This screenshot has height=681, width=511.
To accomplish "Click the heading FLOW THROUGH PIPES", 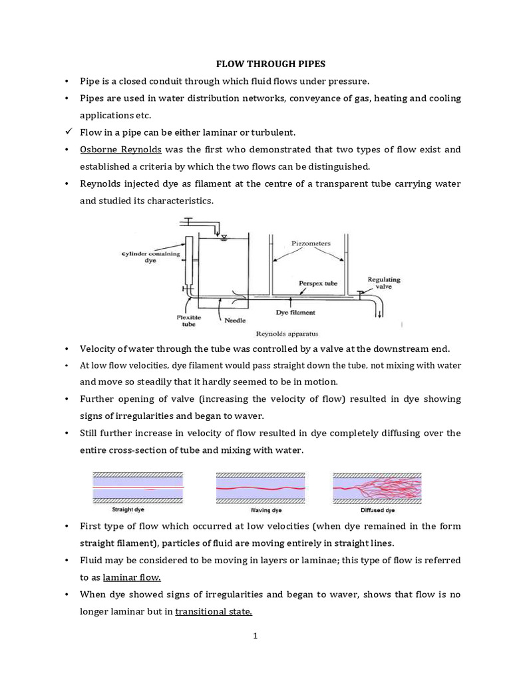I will click(x=270, y=64).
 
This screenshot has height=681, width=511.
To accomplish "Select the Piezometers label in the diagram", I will click(x=311, y=243).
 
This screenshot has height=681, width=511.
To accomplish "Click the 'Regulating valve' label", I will click(x=384, y=283).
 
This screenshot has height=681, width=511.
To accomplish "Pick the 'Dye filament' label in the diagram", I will click(x=295, y=311).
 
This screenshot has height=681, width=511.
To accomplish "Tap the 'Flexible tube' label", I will click(x=189, y=322).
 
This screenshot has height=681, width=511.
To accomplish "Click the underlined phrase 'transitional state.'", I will click(x=214, y=611).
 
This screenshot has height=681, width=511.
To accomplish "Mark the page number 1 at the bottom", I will click(x=255, y=636).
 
